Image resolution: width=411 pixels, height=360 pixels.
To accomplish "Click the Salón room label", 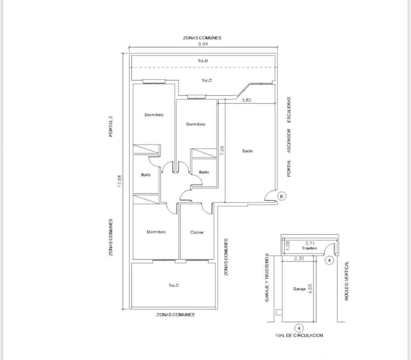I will [x=247, y=151].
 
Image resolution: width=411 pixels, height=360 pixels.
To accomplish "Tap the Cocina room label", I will [x=197, y=232].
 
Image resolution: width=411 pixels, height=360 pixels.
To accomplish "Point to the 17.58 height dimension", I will [x=119, y=181].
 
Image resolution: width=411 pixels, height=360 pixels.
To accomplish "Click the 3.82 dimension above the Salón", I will [x=247, y=100].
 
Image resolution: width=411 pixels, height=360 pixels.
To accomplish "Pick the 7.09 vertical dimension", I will [x=222, y=151].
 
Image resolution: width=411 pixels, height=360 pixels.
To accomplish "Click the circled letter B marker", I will [x=281, y=196].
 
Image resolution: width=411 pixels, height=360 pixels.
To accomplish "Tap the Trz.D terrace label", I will [x=203, y=61].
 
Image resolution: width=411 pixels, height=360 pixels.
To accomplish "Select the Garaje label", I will [x=299, y=289].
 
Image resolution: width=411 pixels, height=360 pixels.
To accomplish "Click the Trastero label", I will [x=310, y=248].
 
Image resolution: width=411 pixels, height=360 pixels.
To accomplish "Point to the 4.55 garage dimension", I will [x=311, y=288].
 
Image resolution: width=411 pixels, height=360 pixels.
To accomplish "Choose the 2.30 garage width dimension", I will [x=299, y=259].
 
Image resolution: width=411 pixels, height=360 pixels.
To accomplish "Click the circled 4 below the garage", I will [x=299, y=328].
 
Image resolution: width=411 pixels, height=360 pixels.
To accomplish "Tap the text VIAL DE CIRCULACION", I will [x=299, y=336].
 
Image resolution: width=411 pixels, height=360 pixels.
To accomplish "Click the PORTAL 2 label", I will [x=111, y=127].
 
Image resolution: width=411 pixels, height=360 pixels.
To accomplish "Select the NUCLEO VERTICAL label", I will [x=346, y=281].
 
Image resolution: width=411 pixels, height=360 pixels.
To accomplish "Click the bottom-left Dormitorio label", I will [x=156, y=232].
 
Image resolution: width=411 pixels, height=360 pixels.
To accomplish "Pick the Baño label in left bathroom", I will [x=146, y=175].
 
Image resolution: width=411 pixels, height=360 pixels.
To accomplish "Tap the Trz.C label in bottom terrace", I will [x=174, y=285].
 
